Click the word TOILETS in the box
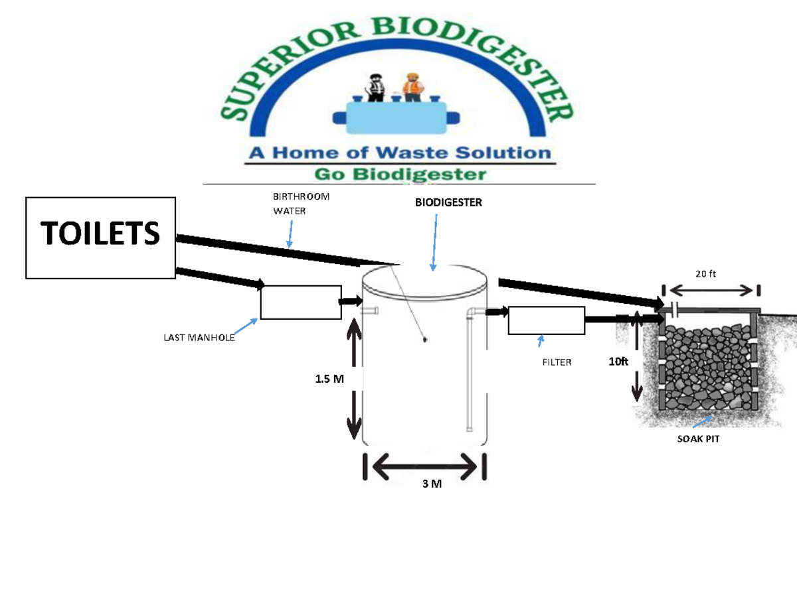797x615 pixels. pyautogui.click(x=100, y=233)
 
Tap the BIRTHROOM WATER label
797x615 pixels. pyautogui.click(x=301, y=204)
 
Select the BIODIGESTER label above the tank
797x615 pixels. pyautogui.click(x=448, y=202)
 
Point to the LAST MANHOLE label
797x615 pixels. pyautogui.click(x=199, y=338)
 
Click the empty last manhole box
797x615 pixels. pyautogui.click(x=301, y=302)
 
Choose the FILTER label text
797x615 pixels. pyautogui.click(x=557, y=362)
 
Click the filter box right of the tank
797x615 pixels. pyautogui.click(x=546, y=320)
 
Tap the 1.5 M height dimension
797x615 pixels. pyautogui.click(x=329, y=379)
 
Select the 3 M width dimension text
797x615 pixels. pyautogui.click(x=432, y=484)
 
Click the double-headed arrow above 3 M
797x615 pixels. pyautogui.click(x=424, y=466)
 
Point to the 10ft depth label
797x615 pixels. pyautogui.click(x=618, y=362)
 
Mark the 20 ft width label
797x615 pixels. pyautogui.click(x=705, y=273)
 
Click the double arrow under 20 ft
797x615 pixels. pyautogui.click(x=711, y=291)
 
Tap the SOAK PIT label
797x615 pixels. pyautogui.click(x=698, y=439)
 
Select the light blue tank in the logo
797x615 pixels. pyautogui.click(x=396, y=117)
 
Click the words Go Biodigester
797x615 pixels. pyautogui.click(x=400, y=174)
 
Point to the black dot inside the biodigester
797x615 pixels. pyautogui.click(x=424, y=340)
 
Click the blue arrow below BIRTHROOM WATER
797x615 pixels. pyautogui.click(x=290, y=234)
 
